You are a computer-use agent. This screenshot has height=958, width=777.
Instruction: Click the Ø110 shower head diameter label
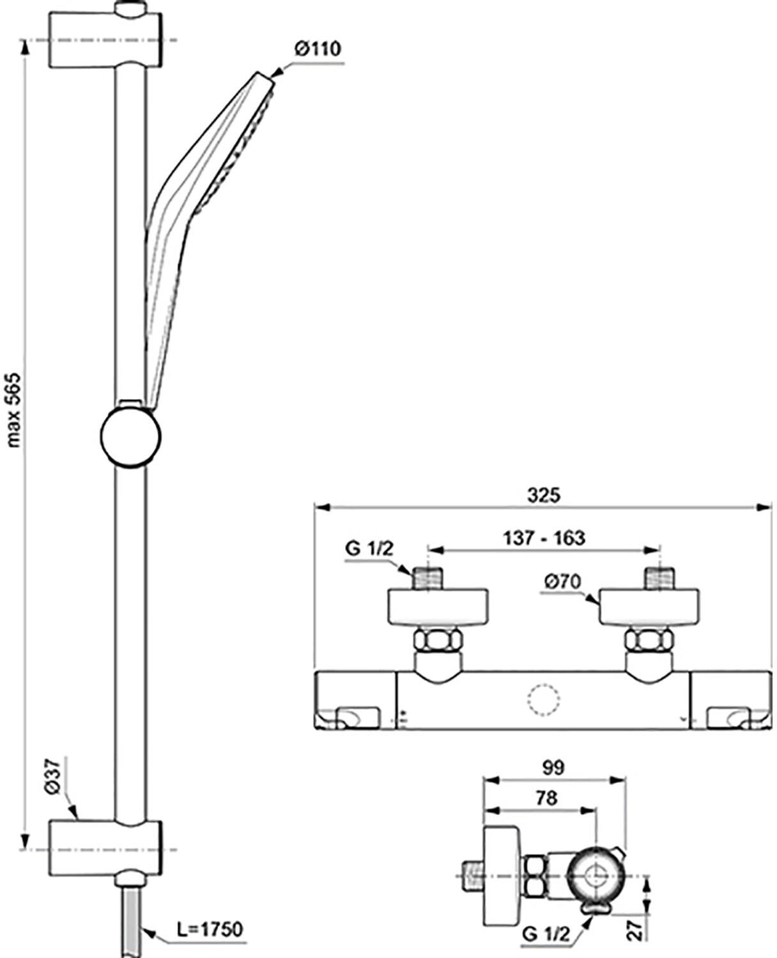click(x=318, y=49)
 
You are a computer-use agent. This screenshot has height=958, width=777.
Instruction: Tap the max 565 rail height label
click(x=14, y=410)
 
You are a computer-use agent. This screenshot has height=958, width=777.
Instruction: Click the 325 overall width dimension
click(x=544, y=495)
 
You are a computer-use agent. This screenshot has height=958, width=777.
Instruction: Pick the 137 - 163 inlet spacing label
click(x=544, y=538)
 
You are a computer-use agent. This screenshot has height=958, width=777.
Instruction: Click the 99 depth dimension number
click(x=553, y=768)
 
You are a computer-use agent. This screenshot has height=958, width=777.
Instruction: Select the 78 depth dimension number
click(x=546, y=798)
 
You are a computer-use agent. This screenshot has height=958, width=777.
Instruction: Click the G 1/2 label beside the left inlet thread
click(x=369, y=549)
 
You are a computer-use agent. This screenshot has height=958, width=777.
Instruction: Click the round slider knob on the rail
click(x=130, y=436)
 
